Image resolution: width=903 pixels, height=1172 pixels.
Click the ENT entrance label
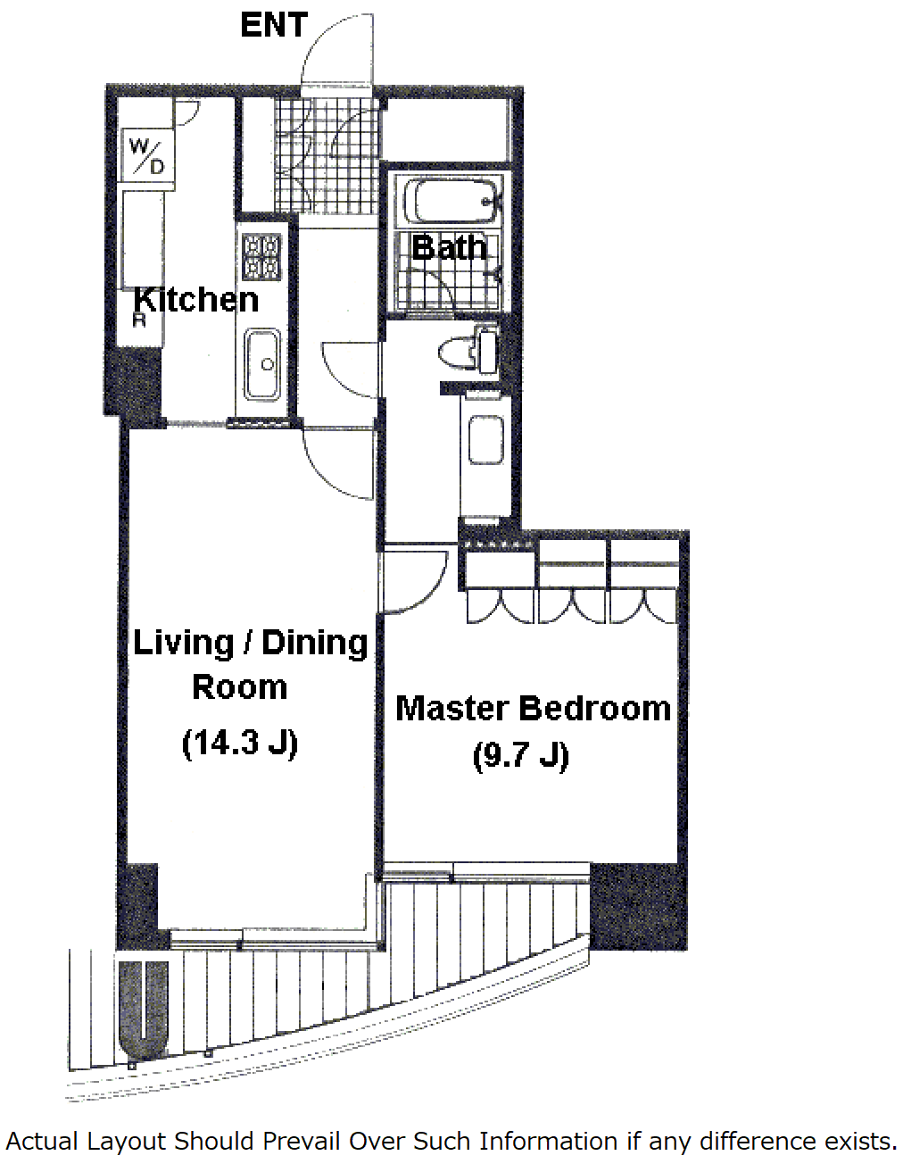point(274,25)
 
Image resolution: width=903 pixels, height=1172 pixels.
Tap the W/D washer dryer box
point(148,154)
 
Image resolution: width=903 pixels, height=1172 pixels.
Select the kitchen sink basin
point(262,364)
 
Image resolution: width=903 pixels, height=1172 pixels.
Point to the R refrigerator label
point(139,320)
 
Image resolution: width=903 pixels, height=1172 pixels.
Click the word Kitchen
point(196,300)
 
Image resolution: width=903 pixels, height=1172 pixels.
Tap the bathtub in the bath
point(450,201)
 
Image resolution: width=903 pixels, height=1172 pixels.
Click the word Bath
point(449,247)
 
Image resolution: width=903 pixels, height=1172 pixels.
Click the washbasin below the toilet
point(485,439)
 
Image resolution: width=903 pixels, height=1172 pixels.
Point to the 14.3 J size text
point(240,744)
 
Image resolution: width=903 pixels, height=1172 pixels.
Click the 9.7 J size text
point(521,756)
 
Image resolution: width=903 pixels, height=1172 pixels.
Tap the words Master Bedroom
point(534,709)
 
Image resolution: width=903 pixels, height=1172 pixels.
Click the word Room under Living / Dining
point(240,687)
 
